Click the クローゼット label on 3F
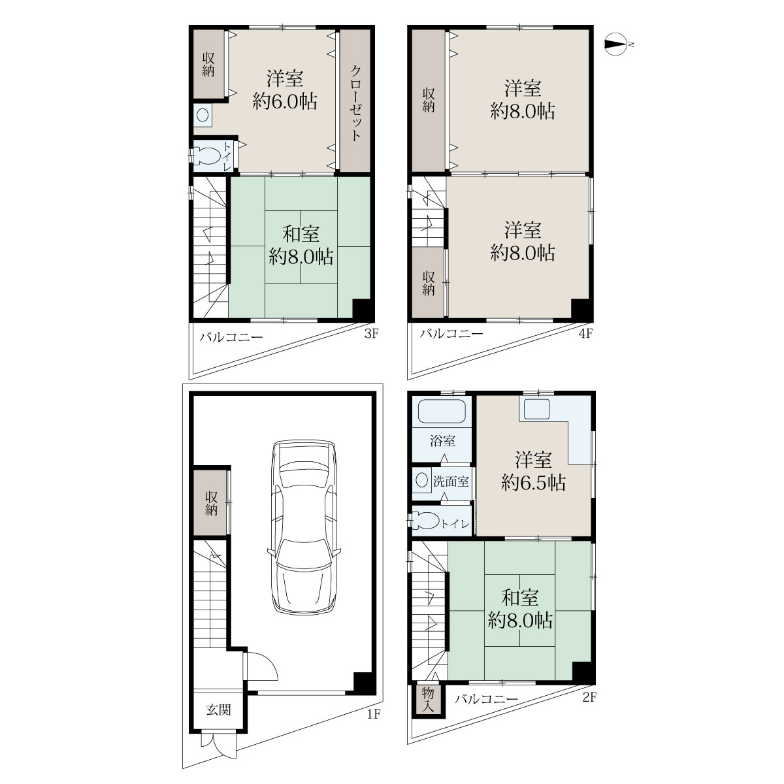tap(355, 103)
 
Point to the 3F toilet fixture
tap(208, 155)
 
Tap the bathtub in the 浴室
tap(442, 412)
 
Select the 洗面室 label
tap(451, 482)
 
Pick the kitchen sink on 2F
tap(536, 409)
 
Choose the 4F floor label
tap(585, 334)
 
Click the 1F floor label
tap(374, 714)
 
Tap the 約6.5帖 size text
tap(533, 483)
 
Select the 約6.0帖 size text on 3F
tap(285, 101)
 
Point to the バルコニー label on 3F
tap(231, 337)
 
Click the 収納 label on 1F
tap(211, 503)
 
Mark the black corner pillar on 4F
tap(581, 309)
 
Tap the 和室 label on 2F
tap(520, 598)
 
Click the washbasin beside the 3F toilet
tap(203, 116)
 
